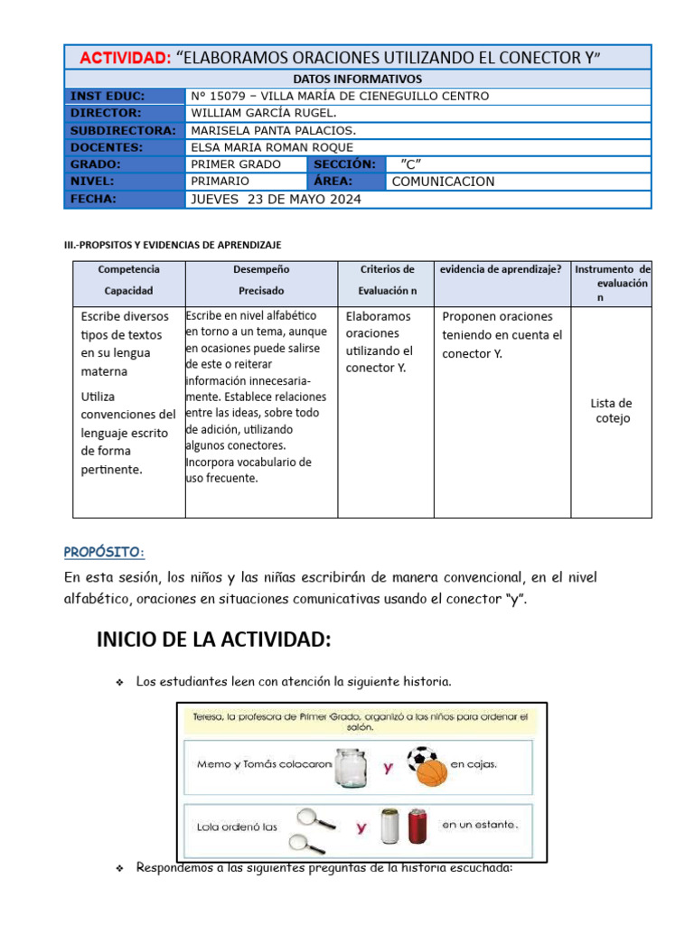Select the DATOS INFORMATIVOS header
[x=357, y=79]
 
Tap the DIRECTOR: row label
[x=107, y=113]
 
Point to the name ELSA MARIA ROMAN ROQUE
[x=272, y=147]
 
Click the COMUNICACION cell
[x=443, y=182]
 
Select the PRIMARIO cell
[x=220, y=182]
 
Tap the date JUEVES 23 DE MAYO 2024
[x=276, y=200]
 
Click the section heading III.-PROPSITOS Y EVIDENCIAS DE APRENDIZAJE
[x=171, y=245]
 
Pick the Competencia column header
[x=128, y=269]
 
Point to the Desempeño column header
[x=261, y=269]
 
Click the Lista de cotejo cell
[x=611, y=411]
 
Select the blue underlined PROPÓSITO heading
[x=104, y=552]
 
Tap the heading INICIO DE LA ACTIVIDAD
[x=214, y=640]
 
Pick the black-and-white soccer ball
[x=422, y=757]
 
